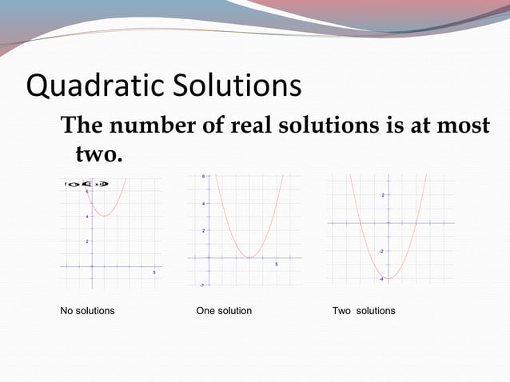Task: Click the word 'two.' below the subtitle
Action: click(98, 153)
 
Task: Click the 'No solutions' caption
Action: click(87, 310)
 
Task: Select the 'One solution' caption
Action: click(224, 310)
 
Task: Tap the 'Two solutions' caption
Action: click(364, 310)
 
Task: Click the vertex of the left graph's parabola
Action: click(104, 216)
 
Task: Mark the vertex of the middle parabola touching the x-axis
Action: click(249, 257)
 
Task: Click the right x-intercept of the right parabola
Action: click(417, 223)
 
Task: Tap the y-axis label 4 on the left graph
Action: click(86, 217)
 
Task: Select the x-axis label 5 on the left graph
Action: click(154, 273)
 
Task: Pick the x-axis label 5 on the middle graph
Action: click(277, 265)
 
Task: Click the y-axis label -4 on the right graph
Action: click(381, 278)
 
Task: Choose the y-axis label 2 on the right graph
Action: click(383, 195)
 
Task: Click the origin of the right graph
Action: click(388, 223)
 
